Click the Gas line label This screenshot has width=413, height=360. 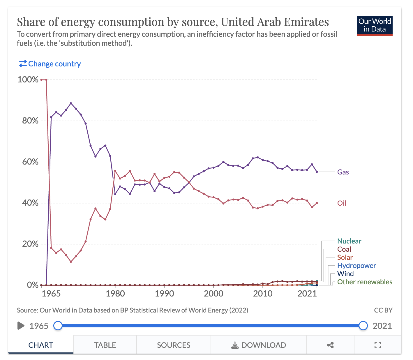coord(343,172)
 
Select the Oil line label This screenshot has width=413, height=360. coord(342,203)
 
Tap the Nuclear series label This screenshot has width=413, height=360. coord(349,241)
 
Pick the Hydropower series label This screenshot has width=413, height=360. coord(356,266)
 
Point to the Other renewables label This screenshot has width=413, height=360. coord(364,282)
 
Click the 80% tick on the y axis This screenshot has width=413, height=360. coord(30,121)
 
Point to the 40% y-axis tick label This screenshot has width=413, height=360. coord(30,203)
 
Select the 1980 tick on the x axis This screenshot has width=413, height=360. coord(115,293)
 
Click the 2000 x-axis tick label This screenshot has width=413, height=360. coord(213,293)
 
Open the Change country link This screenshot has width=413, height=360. coord(50,64)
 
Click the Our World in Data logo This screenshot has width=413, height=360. coord(375,26)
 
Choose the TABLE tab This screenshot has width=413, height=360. coord(105,345)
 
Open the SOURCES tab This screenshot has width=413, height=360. coord(174,345)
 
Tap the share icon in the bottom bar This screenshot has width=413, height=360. coord(330,345)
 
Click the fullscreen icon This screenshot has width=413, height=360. coord(377,345)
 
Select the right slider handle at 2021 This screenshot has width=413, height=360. coord(363,326)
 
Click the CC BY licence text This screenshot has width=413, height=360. coord(383,310)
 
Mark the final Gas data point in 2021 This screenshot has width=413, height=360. coord(317,172)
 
